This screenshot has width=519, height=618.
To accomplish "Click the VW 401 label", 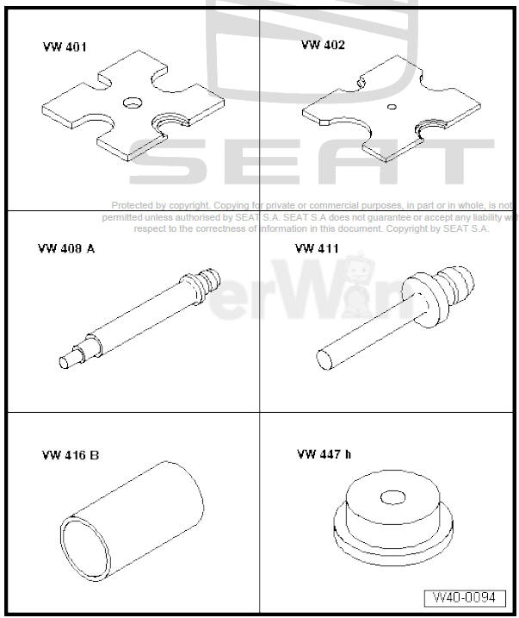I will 65,47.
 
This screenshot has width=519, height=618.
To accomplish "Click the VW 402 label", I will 323,45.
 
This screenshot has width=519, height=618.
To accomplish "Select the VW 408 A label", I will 65,249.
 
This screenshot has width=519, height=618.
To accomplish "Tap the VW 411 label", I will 317,249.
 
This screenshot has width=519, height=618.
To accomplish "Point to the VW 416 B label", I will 70,454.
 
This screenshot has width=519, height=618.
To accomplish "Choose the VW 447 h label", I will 324,453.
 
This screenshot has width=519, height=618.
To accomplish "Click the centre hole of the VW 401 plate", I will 133,103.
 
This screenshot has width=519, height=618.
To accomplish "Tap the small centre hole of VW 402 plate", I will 392,108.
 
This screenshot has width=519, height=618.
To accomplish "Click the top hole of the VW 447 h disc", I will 393,497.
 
